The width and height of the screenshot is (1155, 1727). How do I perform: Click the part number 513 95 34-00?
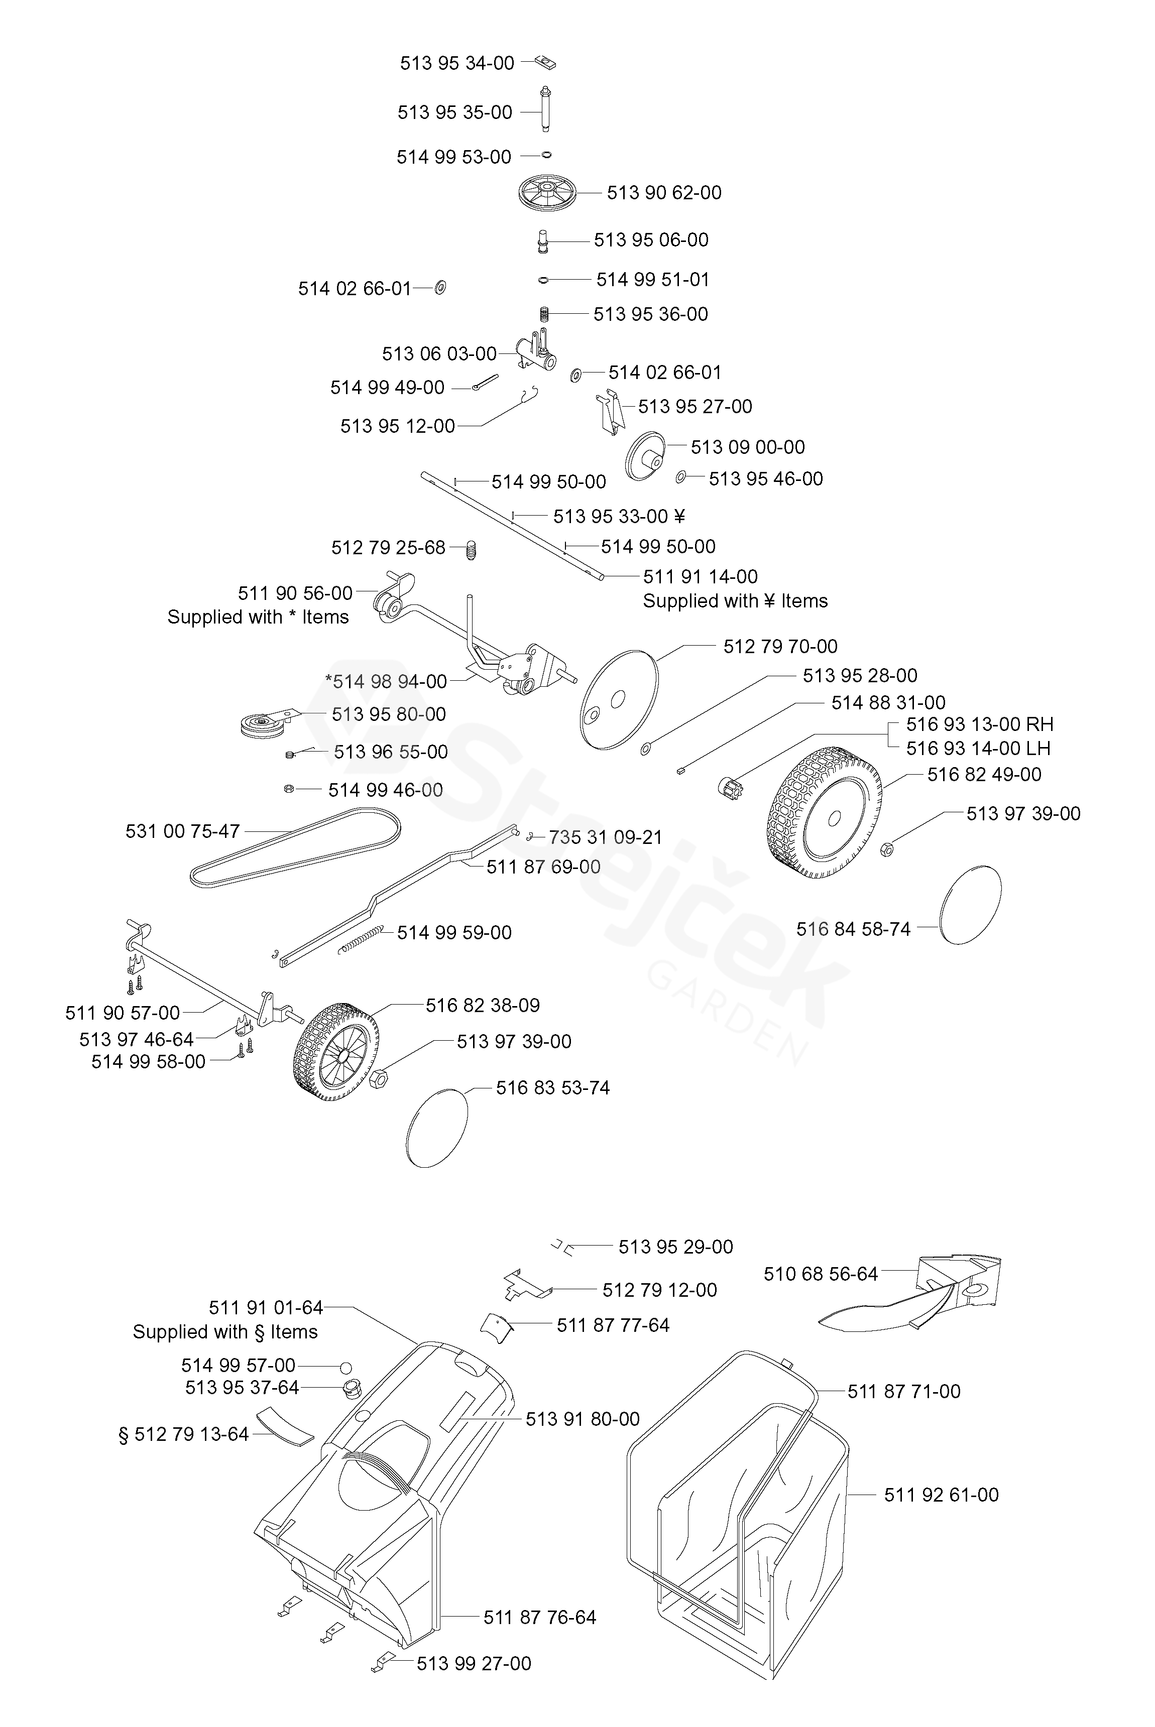(x=456, y=63)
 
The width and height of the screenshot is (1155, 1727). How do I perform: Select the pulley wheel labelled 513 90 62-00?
(x=549, y=193)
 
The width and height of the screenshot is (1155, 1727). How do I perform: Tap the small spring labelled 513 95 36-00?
(x=544, y=314)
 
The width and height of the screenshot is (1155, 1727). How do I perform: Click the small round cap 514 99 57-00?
(x=345, y=1367)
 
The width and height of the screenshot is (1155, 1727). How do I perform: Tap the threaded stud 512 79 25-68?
(x=474, y=549)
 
